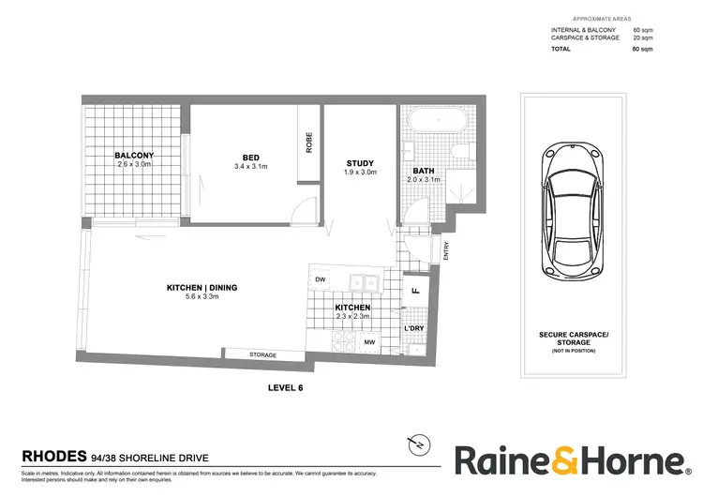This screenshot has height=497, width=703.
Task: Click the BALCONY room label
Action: pos(134,155)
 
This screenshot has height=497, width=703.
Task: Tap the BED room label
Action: pos(250,158)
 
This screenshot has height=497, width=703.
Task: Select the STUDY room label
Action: pos(359,162)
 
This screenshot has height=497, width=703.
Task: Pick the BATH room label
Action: pos(424,171)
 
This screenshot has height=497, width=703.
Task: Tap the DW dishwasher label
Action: pos(321,279)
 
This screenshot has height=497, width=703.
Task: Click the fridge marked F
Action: pos(413,292)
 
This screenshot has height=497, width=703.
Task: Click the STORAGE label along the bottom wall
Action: pos(262,354)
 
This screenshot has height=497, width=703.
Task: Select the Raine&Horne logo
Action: pos(570,460)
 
